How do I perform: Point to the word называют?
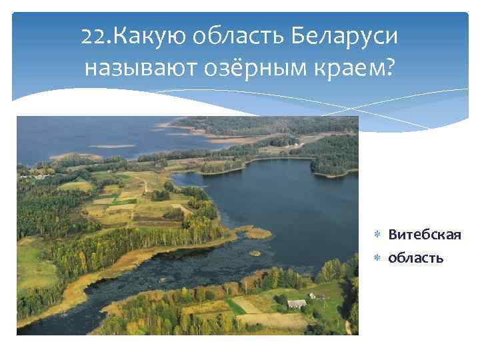click(x=138, y=68)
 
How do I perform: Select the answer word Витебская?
click(x=425, y=235)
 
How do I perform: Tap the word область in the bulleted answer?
click(x=416, y=257)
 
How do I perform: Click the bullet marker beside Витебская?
click(x=377, y=236)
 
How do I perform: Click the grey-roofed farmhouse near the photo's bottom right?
click(x=297, y=303)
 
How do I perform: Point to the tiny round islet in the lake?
click(x=254, y=253)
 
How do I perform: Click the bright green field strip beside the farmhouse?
click(x=235, y=306)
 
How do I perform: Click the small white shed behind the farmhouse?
click(x=312, y=295)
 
